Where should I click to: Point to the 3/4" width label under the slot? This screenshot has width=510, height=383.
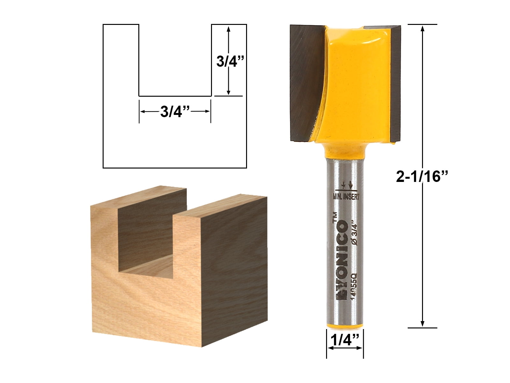[x=175, y=111]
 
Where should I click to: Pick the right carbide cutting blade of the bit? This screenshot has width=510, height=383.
[x=395, y=83]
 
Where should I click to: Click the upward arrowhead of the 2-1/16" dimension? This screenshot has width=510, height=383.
[x=423, y=29]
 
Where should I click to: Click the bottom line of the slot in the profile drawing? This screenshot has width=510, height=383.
[x=175, y=96]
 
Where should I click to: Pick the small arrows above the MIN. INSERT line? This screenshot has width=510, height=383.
[x=347, y=185]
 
